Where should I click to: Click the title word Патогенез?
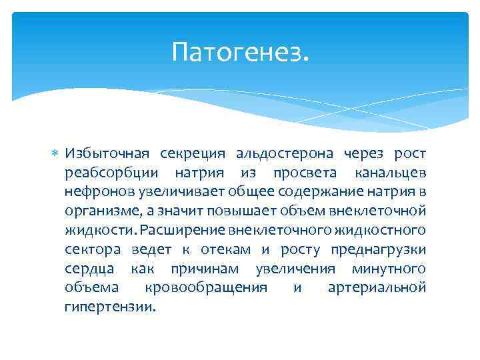240,51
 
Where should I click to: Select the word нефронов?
100,193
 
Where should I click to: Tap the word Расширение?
183,231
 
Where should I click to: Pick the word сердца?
89,269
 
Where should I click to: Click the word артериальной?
377,288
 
